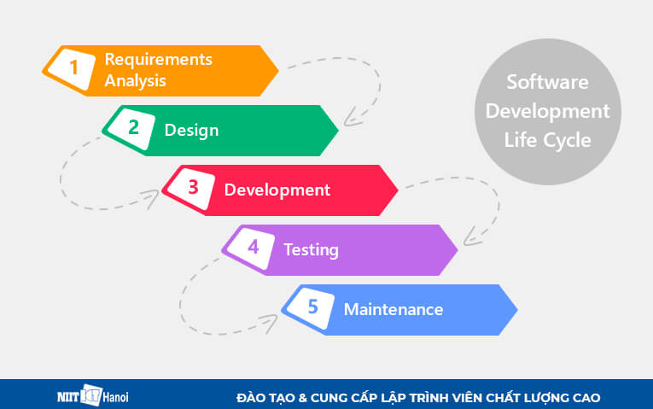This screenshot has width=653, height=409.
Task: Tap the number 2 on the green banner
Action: pos(133,130)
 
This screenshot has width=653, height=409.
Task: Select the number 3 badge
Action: pos(193,190)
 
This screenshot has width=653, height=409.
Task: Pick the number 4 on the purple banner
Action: pos(253,249)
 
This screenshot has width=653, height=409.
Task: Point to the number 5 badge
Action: pos(312,309)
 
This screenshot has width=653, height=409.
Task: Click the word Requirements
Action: pos(158,60)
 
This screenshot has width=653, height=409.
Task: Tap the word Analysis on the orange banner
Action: pos(135,82)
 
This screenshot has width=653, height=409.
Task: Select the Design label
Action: pos(191,131)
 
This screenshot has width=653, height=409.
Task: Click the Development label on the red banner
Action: pos(277,190)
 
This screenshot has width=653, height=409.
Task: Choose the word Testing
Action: pos(311,250)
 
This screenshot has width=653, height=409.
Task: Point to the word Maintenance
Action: pos(393,309)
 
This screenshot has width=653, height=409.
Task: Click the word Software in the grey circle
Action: pos(547,83)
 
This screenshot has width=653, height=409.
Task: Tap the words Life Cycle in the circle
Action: pos(547,139)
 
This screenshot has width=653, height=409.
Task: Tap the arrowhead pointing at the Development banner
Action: pos(153,199)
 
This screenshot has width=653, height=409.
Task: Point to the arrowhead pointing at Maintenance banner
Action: pos(271,320)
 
